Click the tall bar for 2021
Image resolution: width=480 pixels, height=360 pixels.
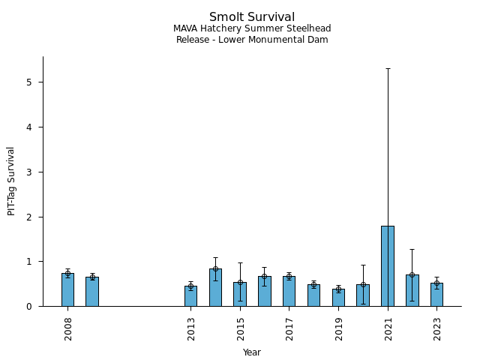point(387,265)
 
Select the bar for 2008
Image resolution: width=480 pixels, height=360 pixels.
point(67,289)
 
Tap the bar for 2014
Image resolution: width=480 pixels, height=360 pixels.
point(215,287)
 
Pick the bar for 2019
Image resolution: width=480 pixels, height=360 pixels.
point(338,298)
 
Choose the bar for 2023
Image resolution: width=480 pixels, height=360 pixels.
point(436,295)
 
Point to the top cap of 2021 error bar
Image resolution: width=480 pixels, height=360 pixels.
point(387,68)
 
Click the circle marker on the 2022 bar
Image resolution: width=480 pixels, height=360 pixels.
point(412,274)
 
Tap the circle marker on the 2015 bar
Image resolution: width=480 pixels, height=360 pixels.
point(240,283)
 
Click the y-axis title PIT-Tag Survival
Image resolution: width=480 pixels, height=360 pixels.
point(11,181)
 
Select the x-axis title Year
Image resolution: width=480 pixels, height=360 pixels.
point(252,352)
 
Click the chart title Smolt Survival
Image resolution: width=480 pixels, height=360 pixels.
point(252,17)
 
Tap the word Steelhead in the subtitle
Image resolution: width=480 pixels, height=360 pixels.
point(310,28)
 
